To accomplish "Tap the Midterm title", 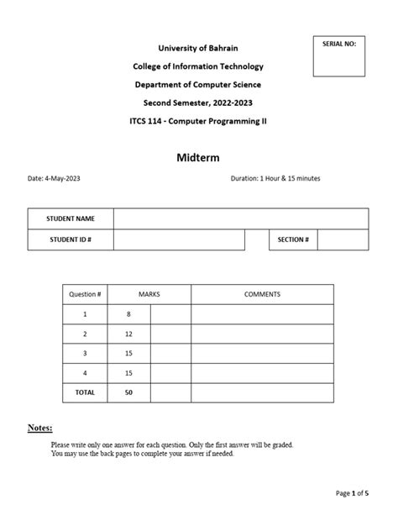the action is click(x=198, y=157).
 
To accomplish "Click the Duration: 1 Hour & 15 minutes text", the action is click(x=275, y=179).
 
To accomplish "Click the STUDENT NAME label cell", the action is click(x=71, y=218).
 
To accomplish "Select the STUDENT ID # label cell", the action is click(x=71, y=240).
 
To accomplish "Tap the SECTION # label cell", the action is click(x=293, y=240).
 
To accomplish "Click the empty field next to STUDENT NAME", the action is click(x=241, y=218).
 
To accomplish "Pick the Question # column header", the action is click(x=85, y=295).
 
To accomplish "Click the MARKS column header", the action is click(x=149, y=295).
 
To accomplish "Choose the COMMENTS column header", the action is click(x=262, y=295).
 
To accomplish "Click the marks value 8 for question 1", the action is click(x=129, y=314).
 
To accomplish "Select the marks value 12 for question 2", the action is click(x=129, y=334).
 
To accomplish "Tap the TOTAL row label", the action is click(x=85, y=392).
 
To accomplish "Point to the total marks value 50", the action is click(x=129, y=392).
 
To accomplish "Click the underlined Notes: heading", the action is click(x=39, y=428).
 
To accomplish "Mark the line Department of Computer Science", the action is click(x=198, y=85).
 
